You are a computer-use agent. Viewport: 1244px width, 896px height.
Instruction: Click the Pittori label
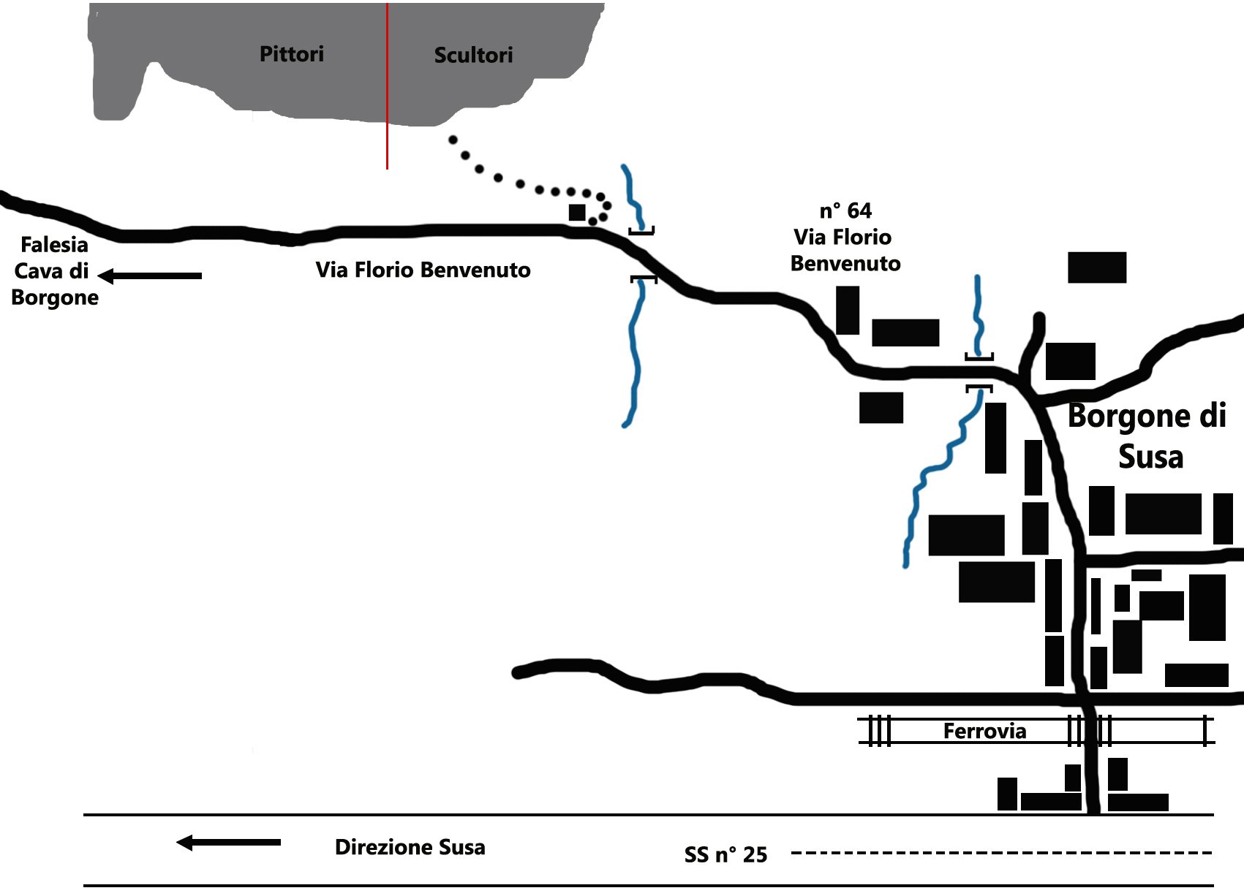pyautogui.click(x=291, y=54)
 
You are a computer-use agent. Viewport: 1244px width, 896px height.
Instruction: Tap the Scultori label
pyautogui.click(x=473, y=55)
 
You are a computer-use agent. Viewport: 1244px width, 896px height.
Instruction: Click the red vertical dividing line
pyautogui.click(x=387, y=146)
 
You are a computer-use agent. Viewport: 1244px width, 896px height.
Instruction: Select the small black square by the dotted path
pyautogui.click(x=577, y=213)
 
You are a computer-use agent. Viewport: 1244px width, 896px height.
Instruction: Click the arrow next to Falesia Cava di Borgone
pyautogui.click(x=150, y=276)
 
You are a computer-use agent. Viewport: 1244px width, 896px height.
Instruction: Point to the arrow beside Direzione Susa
pyautogui.click(x=228, y=843)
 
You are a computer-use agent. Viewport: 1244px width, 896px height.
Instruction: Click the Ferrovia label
pyautogui.click(x=984, y=731)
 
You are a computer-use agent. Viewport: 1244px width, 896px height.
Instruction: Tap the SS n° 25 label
pyautogui.click(x=725, y=854)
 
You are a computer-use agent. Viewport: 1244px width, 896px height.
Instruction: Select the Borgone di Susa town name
pyautogui.click(x=1147, y=436)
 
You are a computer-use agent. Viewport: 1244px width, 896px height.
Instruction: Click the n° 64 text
pyautogui.click(x=845, y=210)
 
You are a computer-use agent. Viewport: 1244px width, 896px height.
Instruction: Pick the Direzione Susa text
pyautogui.click(x=410, y=847)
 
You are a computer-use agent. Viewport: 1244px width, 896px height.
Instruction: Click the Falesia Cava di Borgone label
pyautogui.click(x=54, y=271)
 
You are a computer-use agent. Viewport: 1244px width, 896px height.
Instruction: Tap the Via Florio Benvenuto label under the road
pyautogui.click(x=423, y=270)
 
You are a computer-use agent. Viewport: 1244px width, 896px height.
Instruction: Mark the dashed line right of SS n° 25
pyautogui.click(x=1002, y=852)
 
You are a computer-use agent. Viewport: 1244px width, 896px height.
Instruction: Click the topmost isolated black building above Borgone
pyautogui.click(x=1096, y=267)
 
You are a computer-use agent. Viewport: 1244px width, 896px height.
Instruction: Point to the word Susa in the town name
pyautogui.click(x=1150, y=457)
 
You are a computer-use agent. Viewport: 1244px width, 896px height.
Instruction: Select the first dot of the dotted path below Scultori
pyautogui.click(x=453, y=140)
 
